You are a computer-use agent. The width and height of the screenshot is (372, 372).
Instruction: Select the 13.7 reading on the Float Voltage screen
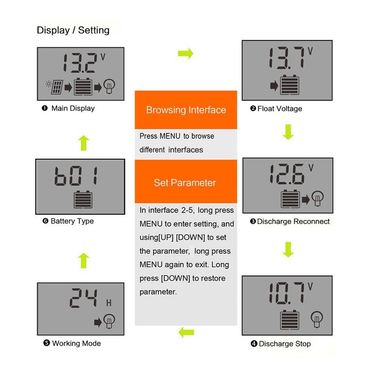286,58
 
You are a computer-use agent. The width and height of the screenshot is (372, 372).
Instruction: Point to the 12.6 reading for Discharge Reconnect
286,174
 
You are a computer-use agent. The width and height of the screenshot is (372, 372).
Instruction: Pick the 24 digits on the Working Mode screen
85,299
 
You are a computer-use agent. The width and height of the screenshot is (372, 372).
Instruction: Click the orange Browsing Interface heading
186,110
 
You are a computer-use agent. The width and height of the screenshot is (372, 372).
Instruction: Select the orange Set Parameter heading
185,183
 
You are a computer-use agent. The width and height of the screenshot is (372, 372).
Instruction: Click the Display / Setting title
73,30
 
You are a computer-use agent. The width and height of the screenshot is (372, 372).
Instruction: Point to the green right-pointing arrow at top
186,54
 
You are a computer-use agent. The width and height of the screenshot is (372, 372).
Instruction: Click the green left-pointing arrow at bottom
186,332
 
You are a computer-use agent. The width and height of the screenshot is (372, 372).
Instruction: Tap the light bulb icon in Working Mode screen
109,321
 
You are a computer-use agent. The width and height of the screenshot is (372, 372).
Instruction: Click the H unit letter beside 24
109,303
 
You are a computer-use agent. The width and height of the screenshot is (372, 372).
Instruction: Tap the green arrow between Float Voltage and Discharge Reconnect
288,132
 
